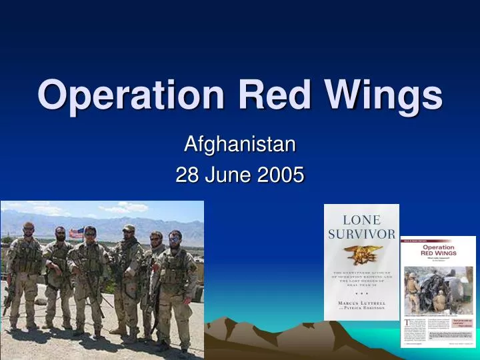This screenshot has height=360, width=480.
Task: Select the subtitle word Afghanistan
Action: point(239,143)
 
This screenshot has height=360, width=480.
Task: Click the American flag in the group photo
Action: point(77,233)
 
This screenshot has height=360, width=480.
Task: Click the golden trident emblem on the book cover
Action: point(362,255)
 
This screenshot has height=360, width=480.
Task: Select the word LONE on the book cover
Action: point(361,220)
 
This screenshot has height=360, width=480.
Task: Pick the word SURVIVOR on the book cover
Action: point(361,233)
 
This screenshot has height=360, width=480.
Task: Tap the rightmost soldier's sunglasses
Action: point(175,238)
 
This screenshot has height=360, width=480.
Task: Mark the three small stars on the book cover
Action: point(361,292)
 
